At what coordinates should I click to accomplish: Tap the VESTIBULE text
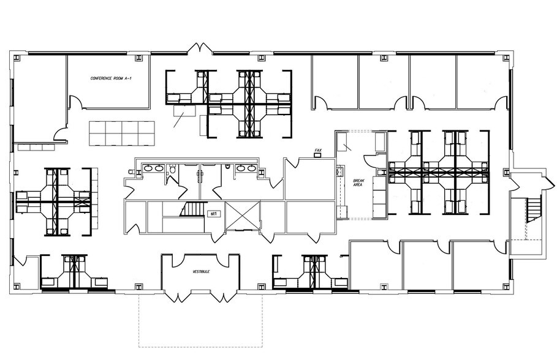tap(202, 270)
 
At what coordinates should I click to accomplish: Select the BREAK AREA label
tap(359, 183)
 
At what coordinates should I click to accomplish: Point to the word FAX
tap(318, 150)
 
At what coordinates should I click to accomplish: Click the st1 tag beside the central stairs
tap(214, 214)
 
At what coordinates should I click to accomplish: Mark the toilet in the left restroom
tap(173, 170)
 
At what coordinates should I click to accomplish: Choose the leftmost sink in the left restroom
tap(148, 167)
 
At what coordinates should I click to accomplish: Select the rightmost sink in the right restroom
tap(251, 167)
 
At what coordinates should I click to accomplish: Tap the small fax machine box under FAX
tap(317, 156)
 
